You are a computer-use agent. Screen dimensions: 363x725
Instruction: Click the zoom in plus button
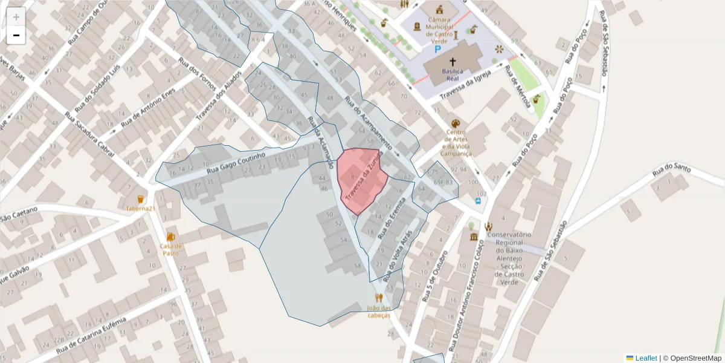(x=16, y=17)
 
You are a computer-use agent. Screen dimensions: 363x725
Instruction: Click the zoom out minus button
(x=16, y=35)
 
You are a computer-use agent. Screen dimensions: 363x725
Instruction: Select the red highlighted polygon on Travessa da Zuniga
(x=361, y=180)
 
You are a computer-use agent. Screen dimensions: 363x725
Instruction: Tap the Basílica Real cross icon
(x=453, y=62)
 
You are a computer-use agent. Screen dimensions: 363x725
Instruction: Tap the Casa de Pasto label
(x=171, y=249)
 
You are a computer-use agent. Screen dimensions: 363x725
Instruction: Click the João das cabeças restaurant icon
(x=379, y=298)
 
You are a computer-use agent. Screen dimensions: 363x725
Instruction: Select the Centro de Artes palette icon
(x=455, y=123)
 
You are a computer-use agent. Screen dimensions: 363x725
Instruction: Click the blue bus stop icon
(x=478, y=200)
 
